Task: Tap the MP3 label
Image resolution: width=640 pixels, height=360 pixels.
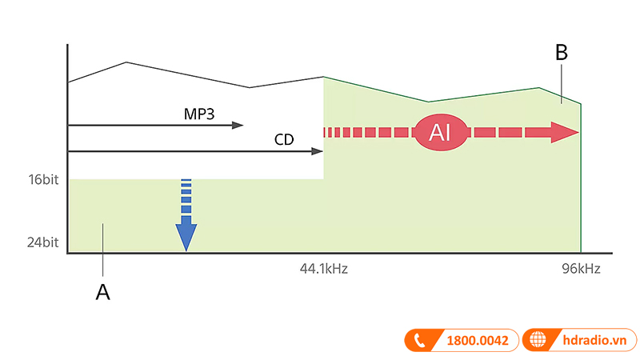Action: [x=198, y=114]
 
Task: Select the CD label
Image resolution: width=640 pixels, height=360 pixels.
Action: [x=284, y=139]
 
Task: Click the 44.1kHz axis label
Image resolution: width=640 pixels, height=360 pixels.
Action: [x=323, y=269]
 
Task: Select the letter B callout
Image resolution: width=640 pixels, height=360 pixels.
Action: [x=562, y=53]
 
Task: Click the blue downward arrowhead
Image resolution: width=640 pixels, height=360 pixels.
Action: [x=186, y=237]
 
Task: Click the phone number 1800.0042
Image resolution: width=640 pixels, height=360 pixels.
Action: [x=477, y=340]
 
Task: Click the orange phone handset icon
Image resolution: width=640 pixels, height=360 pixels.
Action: [x=418, y=340]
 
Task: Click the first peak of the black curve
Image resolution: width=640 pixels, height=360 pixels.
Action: [x=126, y=62]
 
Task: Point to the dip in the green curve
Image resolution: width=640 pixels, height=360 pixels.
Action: [x=429, y=102]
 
